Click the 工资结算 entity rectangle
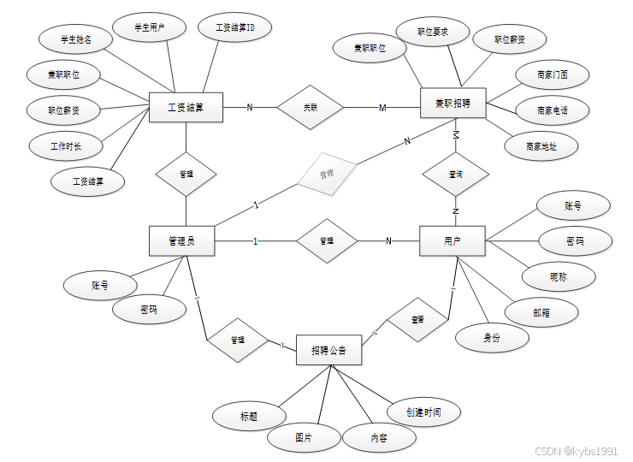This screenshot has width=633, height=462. tap(186, 107)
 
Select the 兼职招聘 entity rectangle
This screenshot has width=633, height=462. tap(453, 104)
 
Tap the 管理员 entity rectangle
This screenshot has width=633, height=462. tap(181, 241)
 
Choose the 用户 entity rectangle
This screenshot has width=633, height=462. tap(453, 241)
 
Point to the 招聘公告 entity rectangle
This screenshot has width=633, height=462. tap(328, 351)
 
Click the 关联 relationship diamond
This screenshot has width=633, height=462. tap(309, 107)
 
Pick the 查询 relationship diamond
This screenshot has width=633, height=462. tap(456, 175)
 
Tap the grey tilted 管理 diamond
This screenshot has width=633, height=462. tap(326, 174)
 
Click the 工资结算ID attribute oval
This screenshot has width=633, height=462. tap(234, 28)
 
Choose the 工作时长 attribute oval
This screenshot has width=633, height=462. tap(66, 146)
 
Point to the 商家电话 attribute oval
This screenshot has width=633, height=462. tap(552, 110)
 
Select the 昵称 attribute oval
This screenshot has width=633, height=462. tap(559, 277)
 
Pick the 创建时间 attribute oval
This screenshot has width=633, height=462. tap(425, 412)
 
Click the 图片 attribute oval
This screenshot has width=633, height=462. tap(304, 437)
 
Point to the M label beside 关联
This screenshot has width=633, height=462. tap(382, 107)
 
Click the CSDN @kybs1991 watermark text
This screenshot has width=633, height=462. tap(576, 451)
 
